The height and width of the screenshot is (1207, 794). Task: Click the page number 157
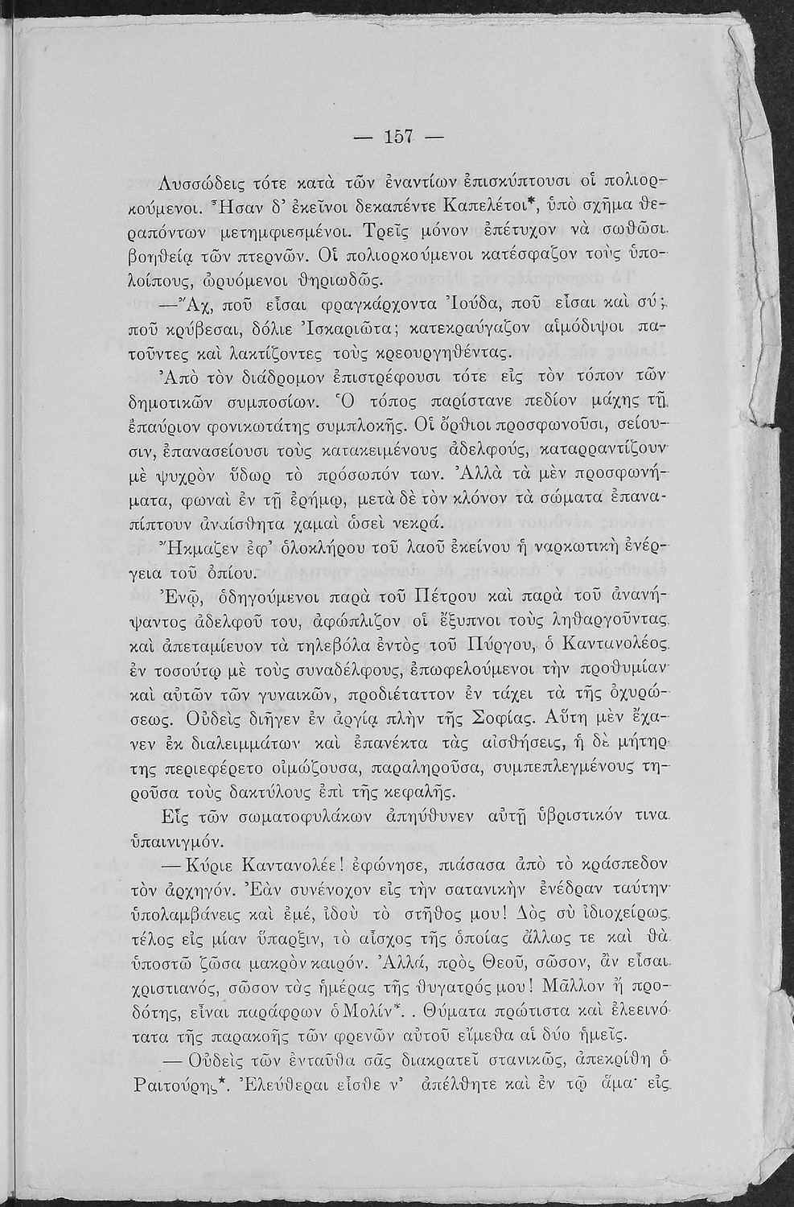click(399, 137)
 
